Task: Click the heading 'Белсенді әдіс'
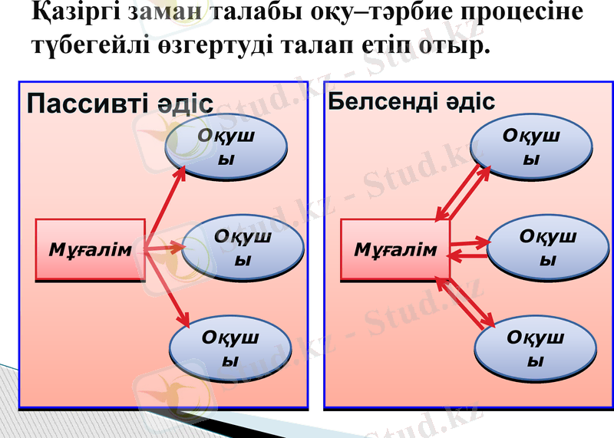[411, 102]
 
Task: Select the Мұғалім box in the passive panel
[91, 249]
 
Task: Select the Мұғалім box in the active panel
[394, 249]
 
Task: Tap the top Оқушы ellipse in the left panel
[226, 147]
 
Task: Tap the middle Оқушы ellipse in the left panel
[243, 248]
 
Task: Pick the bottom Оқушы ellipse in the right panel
[535, 347]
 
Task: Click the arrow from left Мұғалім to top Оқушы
[167, 203]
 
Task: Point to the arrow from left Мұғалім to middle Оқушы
[165, 249]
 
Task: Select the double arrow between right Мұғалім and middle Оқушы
[469, 249]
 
